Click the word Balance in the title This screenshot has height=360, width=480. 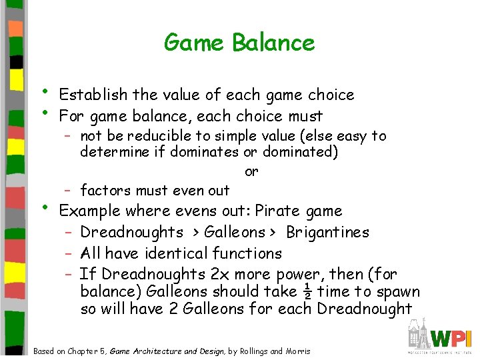tap(273, 43)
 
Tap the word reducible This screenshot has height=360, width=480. tap(160, 136)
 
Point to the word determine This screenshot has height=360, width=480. tap(111, 152)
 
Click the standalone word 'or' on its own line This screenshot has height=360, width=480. tap(251, 171)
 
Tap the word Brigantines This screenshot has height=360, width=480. tap(327, 233)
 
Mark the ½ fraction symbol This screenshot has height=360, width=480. tap(307, 291)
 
